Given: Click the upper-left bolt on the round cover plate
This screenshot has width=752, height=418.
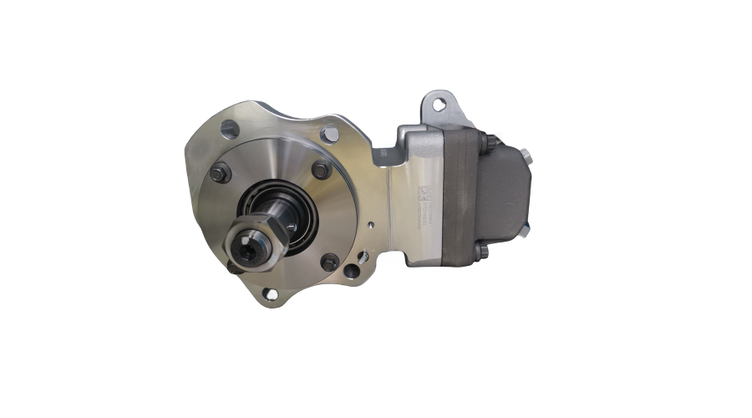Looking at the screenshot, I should [220, 174].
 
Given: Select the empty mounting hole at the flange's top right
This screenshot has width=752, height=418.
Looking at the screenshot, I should [331, 134].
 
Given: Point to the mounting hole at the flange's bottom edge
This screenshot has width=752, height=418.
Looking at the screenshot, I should [269, 293].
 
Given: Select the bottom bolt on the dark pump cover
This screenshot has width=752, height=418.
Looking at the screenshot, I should [480, 252].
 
